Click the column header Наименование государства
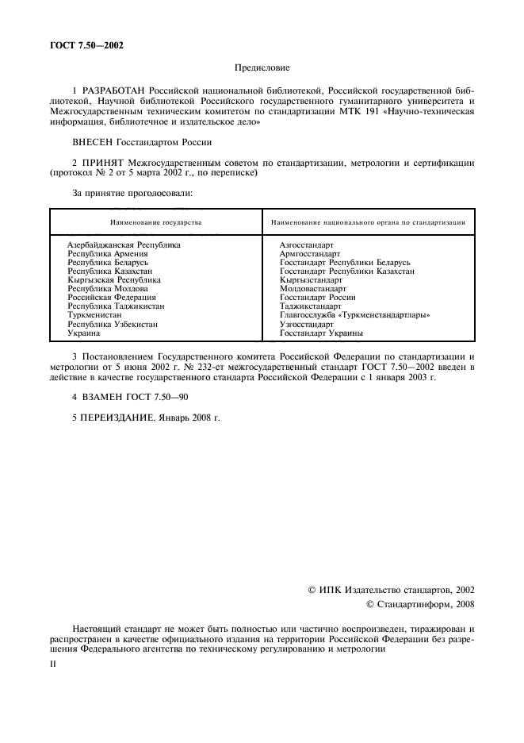[x=155, y=222]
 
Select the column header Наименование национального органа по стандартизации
[x=367, y=222]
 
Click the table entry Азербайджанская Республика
[x=124, y=245]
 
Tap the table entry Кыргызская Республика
[x=114, y=280]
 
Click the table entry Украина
[x=84, y=333]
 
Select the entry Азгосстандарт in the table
[x=306, y=245]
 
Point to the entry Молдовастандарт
[x=312, y=289]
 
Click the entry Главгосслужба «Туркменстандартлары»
[x=354, y=315]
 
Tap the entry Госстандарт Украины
[x=321, y=333]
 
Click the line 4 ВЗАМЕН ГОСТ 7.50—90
[x=130, y=396]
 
